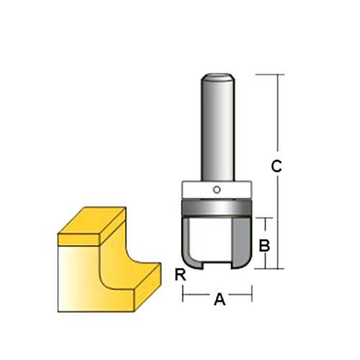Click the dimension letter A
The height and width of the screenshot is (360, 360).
220,302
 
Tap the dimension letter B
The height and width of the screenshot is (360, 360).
264,245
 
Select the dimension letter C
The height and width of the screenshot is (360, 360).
275,167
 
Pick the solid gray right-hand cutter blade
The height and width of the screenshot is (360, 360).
240,241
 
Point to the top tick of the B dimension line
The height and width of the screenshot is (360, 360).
265,217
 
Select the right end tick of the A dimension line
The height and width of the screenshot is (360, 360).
251,294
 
